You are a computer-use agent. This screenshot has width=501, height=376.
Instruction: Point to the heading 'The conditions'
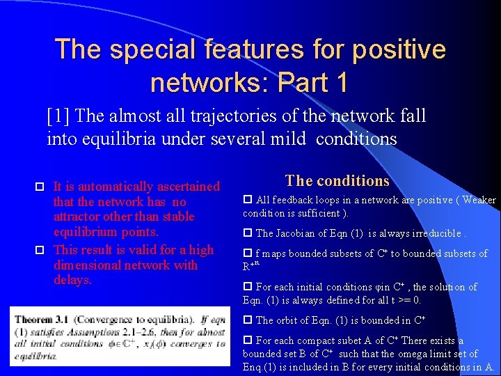tap(337, 181)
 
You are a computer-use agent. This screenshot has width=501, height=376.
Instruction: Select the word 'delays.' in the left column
tap(72, 280)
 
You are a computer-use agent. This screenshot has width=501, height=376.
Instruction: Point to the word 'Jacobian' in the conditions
tap(295, 233)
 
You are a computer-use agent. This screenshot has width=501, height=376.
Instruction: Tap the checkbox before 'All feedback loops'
tap(248, 200)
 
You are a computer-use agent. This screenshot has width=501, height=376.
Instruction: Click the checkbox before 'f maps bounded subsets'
tap(248, 253)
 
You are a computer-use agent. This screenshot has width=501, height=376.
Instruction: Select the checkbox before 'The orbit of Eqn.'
tap(248, 320)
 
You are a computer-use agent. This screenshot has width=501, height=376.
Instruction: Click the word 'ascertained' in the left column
tap(186, 187)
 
